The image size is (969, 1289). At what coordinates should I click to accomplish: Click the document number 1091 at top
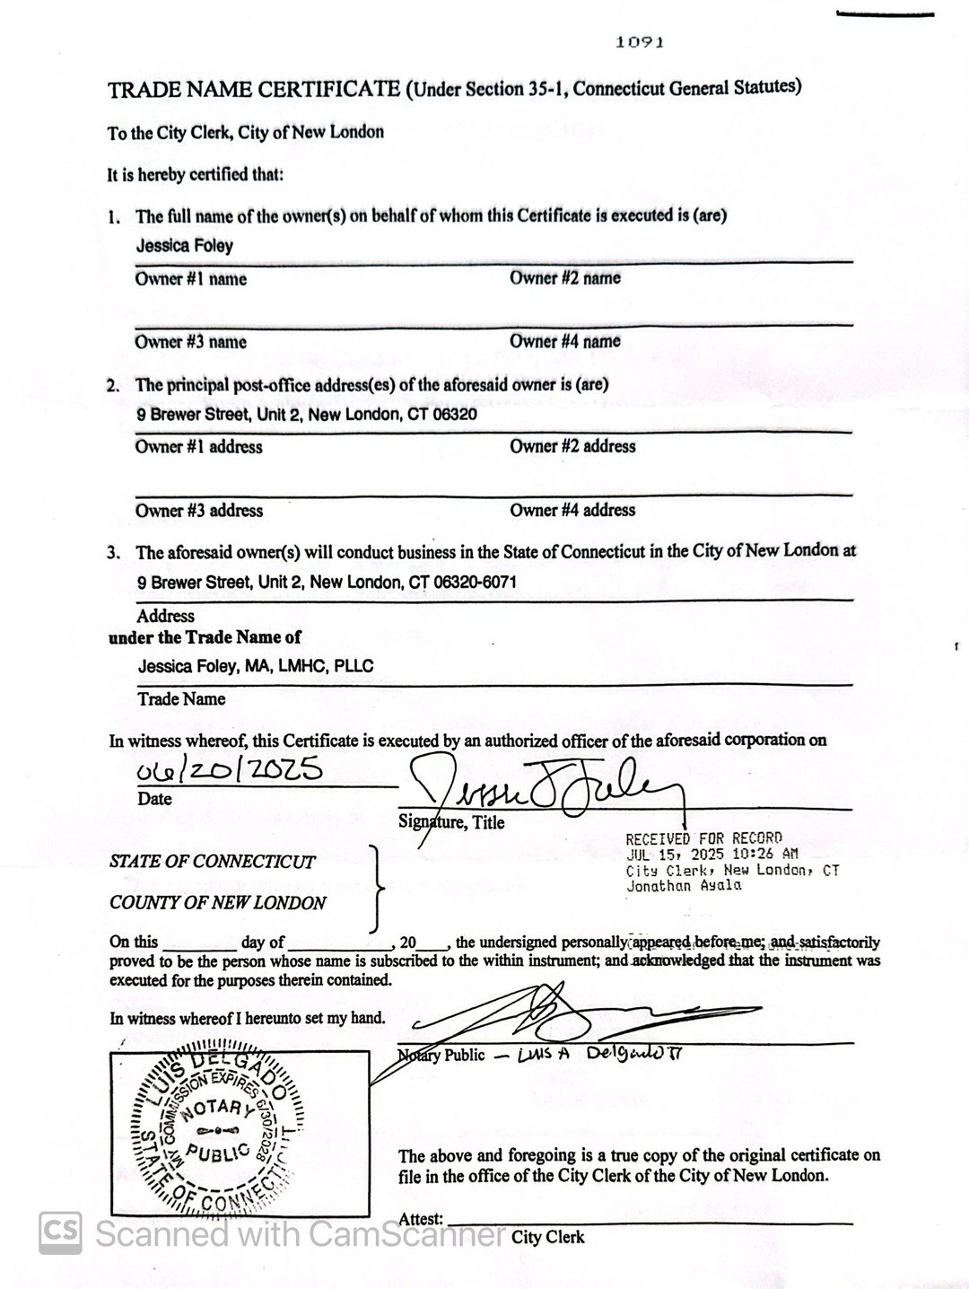coord(641,41)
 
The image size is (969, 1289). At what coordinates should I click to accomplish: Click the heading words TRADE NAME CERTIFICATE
coord(254,89)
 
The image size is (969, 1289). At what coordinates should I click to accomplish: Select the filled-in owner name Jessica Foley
coord(185,245)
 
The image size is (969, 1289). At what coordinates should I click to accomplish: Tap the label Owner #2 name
coord(565,278)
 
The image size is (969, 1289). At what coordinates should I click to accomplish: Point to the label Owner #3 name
coord(190,342)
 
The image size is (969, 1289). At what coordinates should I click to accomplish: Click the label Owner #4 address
coord(572,510)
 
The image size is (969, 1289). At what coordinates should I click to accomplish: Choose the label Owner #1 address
coord(198,447)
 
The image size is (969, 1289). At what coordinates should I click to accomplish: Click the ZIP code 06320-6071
coord(476,582)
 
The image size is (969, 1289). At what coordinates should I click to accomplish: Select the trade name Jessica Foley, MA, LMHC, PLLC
coord(256,666)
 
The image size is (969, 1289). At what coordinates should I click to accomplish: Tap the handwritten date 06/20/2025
coord(227,770)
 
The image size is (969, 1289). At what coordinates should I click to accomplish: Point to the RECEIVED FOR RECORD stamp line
coord(703,838)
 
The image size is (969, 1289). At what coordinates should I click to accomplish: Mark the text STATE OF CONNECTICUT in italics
coord(213,862)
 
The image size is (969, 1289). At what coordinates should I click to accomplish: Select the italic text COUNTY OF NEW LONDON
coord(217,903)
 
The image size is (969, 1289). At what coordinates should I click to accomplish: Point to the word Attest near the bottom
coord(421,1219)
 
